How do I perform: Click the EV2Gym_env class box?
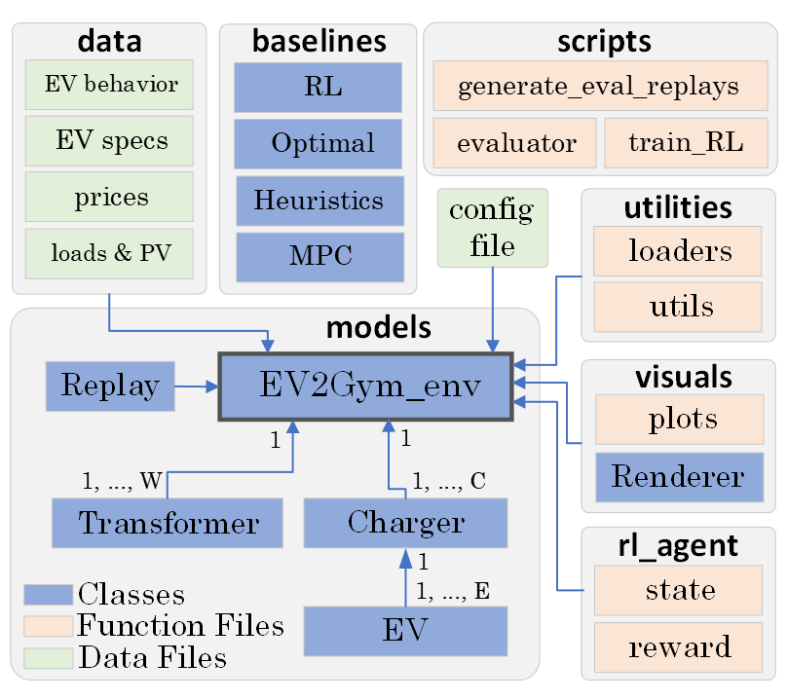point(366,387)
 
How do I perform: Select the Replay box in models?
point(109,386)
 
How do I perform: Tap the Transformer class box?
point(168,523)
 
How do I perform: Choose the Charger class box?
point(405,523)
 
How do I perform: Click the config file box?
point(492,228)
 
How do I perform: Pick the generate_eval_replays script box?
point(597,86)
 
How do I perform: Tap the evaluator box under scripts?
point(515,143)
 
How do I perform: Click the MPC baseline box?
point(319,257)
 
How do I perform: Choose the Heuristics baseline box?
point(319,201)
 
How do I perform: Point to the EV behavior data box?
point(110,84)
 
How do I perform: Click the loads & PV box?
point(110,253)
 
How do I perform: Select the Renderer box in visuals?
point(678,477)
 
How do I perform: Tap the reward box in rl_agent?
point(678,646)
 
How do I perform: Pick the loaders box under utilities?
point(678,251)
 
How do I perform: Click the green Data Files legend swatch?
point(48,658)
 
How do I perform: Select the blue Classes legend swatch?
point(48,594)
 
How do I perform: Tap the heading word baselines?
point(319,41)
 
